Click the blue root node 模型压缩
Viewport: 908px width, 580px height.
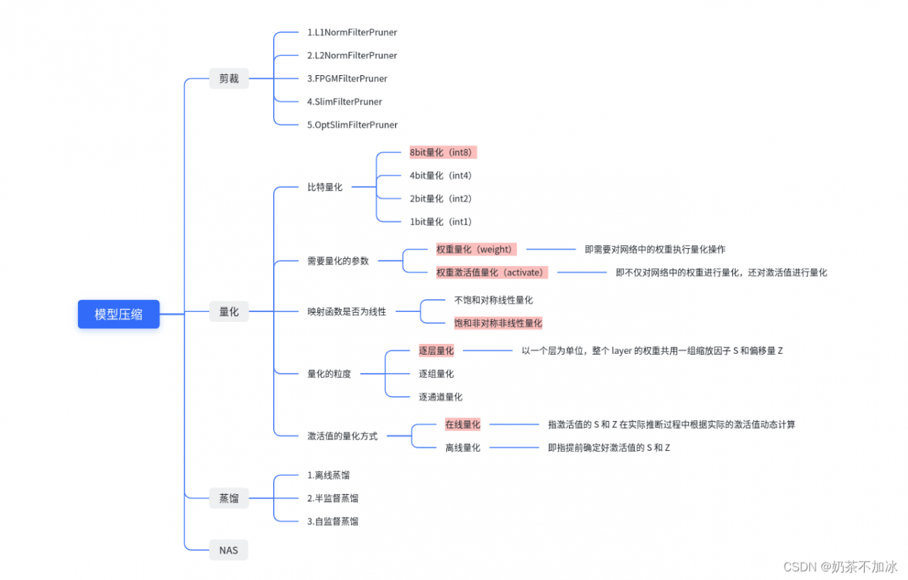pos(118,314)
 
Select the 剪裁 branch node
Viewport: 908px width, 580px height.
pos(228,79)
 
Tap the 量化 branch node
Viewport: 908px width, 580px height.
pos(228,311)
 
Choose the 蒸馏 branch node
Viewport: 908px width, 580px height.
pos(228,498)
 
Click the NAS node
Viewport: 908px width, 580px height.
pos(228,550)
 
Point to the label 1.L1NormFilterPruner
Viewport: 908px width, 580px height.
pos(352,33)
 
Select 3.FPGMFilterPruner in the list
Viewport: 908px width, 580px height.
pos(347,79)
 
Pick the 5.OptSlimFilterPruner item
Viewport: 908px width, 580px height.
pos(352,125)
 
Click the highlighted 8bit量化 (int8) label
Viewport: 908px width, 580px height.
pos(442,152)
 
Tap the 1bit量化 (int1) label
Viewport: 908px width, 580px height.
pos(441,222)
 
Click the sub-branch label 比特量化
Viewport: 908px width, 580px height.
pos(325,187)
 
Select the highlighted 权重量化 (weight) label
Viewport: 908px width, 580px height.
pos(475,250)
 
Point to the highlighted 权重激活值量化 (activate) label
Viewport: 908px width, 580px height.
pos(491,272)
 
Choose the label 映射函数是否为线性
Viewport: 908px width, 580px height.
pos(346,311)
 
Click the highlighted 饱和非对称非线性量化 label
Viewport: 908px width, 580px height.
pos(498,323)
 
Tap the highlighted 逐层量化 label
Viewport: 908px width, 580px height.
pos(436,350)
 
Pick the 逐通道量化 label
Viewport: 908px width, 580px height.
pos(441,397)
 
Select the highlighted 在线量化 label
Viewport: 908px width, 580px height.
pos(463,425)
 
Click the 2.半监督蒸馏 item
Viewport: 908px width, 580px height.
pos(332,498)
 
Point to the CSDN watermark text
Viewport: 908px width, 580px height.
pos(840,567)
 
